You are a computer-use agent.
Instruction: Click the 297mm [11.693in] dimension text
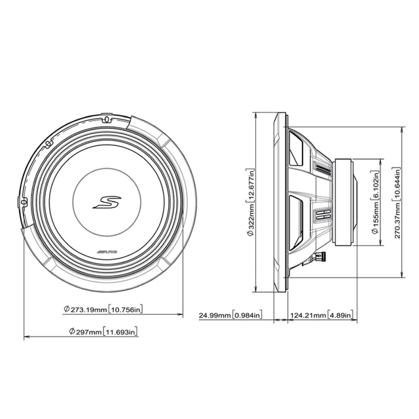(103, 332)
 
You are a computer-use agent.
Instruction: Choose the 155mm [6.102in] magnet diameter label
(375, 202)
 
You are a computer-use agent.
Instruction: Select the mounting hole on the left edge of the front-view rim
(26, 203)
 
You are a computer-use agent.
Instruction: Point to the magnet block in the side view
(344, 202)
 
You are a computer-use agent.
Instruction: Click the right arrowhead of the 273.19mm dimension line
(181, 315)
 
